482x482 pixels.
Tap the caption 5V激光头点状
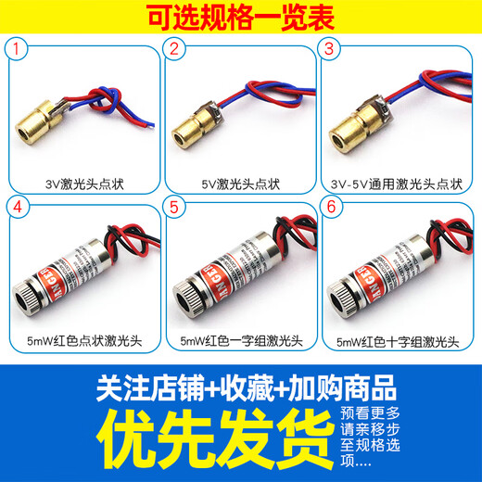click(239, 184)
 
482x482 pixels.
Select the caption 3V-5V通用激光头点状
click(393, 184)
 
